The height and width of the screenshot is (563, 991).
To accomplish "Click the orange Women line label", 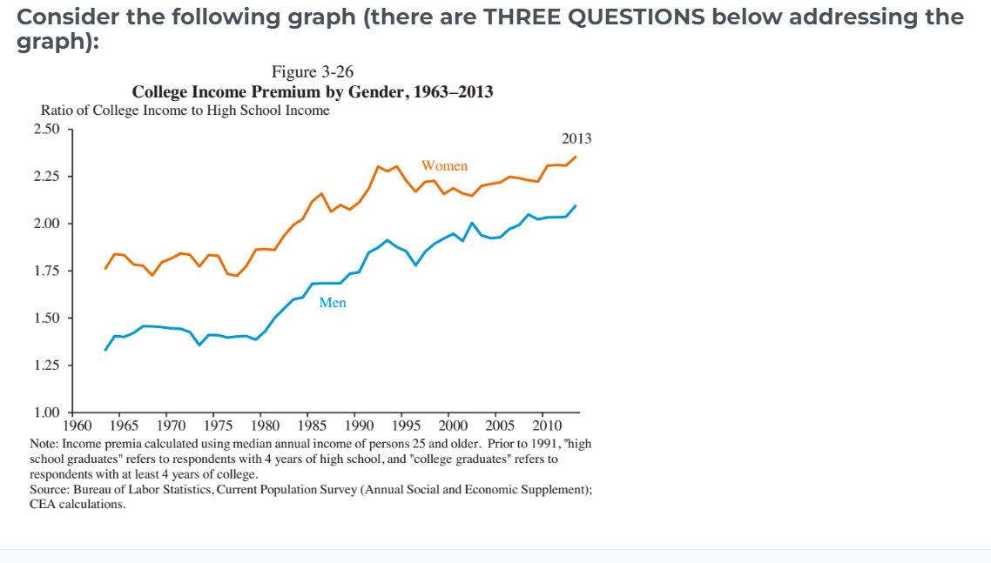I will coord(444,165).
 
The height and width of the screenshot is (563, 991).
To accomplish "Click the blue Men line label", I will coord(333,303).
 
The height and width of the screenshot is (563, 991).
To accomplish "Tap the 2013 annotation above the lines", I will coord(576,138).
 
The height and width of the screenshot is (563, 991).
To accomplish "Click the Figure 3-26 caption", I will coord(313,71).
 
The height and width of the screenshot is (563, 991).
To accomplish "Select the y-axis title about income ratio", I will coord(185,111).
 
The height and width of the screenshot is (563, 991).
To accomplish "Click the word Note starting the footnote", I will coord(44,443).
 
